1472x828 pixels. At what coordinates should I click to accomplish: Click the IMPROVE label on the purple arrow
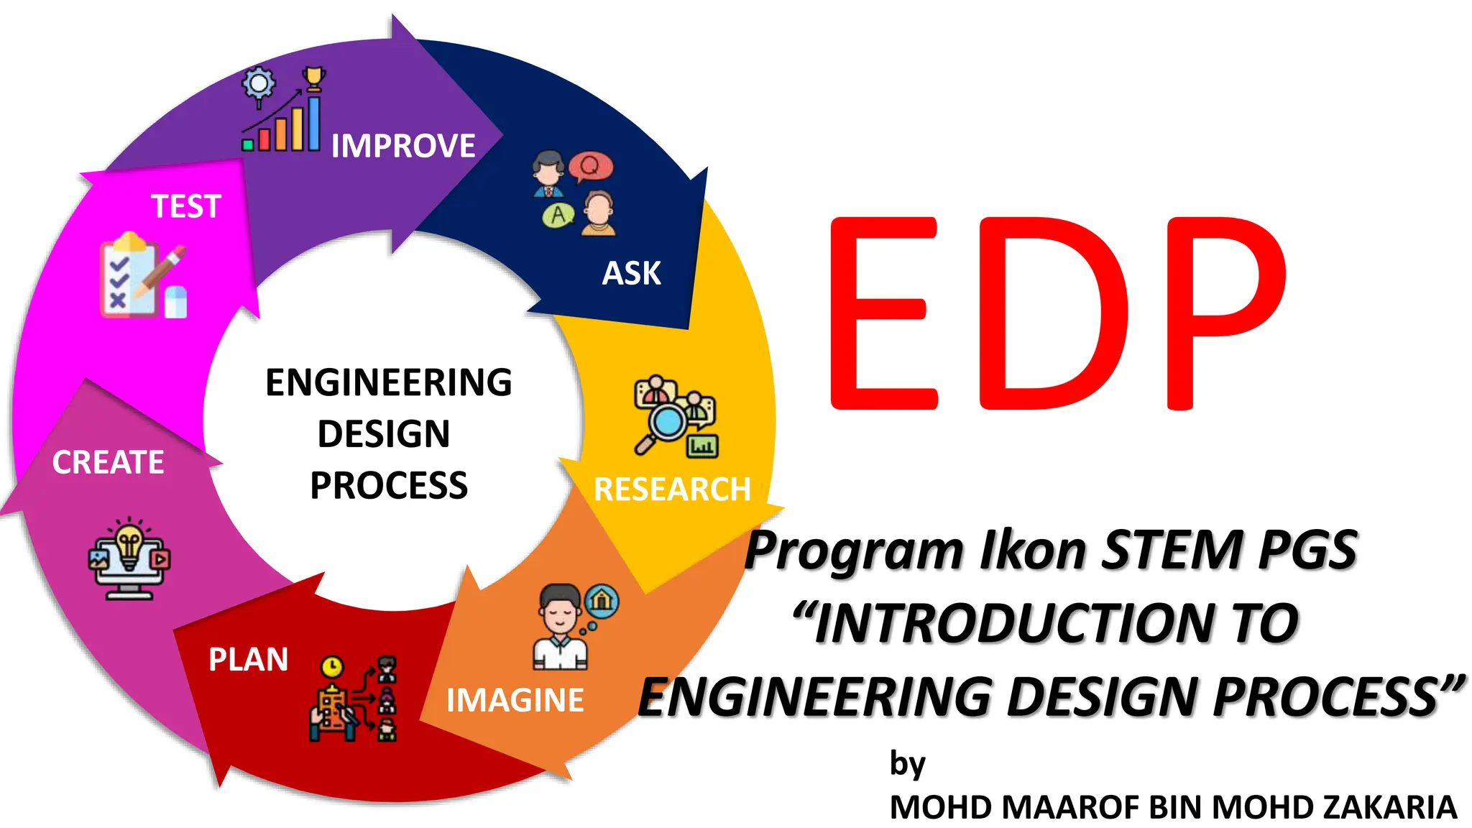pos(402,146)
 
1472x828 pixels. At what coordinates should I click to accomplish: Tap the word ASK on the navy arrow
pos(631,273)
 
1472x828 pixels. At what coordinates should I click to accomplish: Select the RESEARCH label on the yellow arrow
pos(672,489)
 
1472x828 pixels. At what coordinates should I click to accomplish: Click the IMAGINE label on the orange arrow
pos(515,700)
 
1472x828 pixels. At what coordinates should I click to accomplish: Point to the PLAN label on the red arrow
pos(248,659)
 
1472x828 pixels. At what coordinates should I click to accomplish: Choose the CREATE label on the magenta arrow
pos(108,462)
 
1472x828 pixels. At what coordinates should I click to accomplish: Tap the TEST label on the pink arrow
pos(185,206)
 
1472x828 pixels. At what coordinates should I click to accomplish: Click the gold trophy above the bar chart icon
pos(314,78)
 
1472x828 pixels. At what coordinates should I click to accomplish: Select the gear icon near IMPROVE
pos(259,84)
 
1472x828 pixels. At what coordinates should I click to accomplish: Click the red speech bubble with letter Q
pos(590,167)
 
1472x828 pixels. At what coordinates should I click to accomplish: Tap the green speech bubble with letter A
pos(558,214)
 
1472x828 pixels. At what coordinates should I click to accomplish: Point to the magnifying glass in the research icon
pos(666,423)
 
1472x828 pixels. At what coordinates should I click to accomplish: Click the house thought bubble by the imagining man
pos(602,600)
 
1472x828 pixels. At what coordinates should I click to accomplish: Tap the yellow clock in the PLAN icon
pos(331,667)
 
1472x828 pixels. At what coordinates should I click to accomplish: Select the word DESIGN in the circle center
pos(384,434)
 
